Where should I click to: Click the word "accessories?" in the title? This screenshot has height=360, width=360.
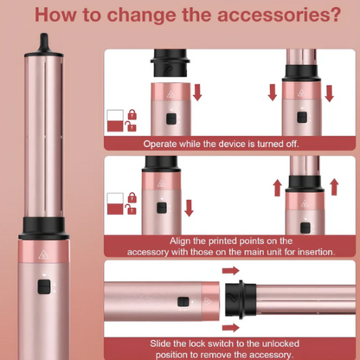(x=280, y=15)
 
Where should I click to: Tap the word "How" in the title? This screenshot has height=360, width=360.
(x=55, y=15)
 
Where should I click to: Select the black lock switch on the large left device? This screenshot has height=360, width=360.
(x=44, y=286)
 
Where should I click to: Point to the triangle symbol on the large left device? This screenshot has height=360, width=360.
(x=43, y=254)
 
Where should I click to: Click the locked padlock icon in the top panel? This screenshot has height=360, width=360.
(x=132, y=114)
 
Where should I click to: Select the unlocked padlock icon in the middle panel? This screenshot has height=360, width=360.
(x=131, y=209)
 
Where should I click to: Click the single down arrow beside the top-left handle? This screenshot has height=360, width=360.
(x=197, y=93)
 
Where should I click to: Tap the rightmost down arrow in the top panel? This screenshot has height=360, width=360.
(x=330, y=93)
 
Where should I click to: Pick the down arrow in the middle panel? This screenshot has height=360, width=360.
(x=189, y=208)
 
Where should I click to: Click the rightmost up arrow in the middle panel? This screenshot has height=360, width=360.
(x=334, y=187)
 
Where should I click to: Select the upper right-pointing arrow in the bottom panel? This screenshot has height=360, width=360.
(x=231, y=271)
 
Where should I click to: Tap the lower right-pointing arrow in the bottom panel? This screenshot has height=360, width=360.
(x=231, y=327)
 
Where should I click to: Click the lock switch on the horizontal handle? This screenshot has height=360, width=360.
(x=183, y=302)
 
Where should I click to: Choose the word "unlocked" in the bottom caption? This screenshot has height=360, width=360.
(x=279, y=344)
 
